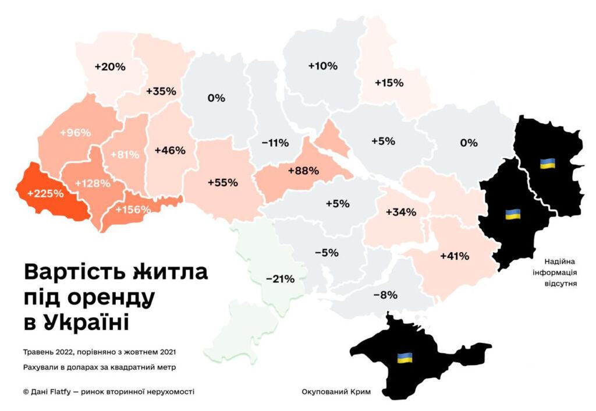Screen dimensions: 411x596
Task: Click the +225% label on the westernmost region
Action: [45, 193]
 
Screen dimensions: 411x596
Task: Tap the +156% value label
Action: [133, 210]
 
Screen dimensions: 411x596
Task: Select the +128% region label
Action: [93, 183]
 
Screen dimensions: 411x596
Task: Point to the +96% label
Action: [76, 132]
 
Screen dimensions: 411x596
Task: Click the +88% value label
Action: [303, 171]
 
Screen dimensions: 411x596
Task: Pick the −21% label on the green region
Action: [280, 279]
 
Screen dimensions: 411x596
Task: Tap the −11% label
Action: [275, 143]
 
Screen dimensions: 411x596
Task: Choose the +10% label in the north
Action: [322, 66]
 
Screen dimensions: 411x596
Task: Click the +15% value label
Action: [389, 83]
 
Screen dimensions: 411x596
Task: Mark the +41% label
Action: [454, 256]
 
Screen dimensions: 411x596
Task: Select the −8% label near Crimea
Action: [384, 295]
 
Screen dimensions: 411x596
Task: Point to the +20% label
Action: [110, 66]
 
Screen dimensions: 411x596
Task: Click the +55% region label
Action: [222, 182]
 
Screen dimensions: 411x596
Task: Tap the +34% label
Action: [401, 212]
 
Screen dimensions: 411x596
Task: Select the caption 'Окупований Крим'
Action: [336, 391]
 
